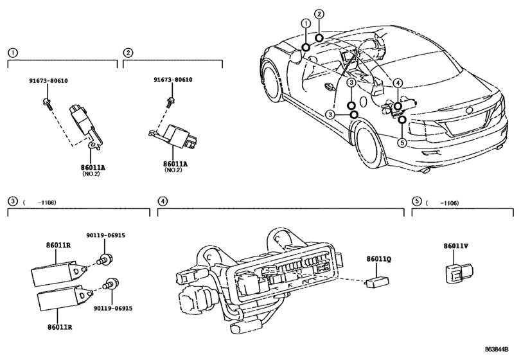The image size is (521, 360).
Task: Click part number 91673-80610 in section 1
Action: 48,80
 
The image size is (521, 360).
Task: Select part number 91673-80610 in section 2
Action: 173,80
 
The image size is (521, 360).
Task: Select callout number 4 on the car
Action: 398,83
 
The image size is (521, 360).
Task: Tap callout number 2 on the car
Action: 319,14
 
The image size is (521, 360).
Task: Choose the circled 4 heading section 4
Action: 163,202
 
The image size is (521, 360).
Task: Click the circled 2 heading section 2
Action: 128,52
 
